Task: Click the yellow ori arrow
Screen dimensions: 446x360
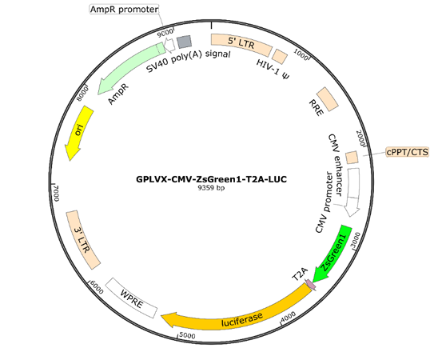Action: pyautogui.click(x=78, y=132)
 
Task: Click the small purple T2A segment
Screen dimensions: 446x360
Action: pyautogui.click(x=310, y=285)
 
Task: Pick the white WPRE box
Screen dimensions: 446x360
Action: pyautogui.click(x=131, y=298)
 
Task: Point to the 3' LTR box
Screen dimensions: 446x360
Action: pyautogui.click(x=83, y=240)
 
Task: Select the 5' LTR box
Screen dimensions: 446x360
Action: pyautogui.click(x=241, y=44)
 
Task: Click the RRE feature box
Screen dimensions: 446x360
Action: pyautogui.click(x=328, y=99)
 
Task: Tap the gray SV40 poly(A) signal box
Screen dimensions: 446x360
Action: pyautogui.click(x=184, y=42)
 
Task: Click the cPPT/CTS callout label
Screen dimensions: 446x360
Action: pyautogui.click(x=408, y=152)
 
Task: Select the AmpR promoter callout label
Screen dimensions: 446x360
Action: pyautogui.click(x=125, y=10)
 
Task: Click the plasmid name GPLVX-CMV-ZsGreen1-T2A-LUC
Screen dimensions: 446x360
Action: pyautogui.click(x=211, y=179)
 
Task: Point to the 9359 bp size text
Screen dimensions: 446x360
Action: pyautogui.click(x=211, y=188)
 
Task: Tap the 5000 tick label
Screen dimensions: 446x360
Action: pyautogui.click(x=187, y=336)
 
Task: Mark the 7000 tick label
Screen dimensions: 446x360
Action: pyautogui.click(x=55, y=193)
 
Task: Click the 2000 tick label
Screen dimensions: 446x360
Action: pyautogui.click(x=360, y=138)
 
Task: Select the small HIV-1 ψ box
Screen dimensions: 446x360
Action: pyautogui.click(x=280, y=56)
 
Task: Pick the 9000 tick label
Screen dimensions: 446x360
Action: pyautogui.click(x=165, y=32)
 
